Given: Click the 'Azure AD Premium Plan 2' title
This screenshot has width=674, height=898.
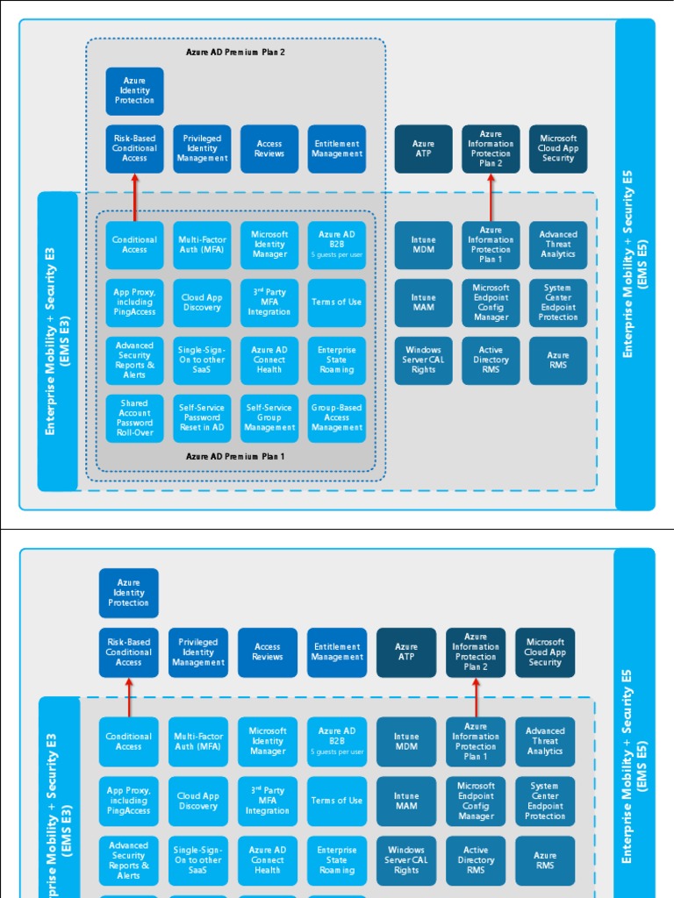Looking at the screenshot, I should click(235, 52).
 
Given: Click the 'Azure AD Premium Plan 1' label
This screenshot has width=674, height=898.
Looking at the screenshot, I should click(235, 456).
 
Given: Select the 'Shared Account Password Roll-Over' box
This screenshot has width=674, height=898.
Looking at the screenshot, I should click(134, 418).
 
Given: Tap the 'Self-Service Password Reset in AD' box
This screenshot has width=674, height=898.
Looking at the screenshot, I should click(202, 418).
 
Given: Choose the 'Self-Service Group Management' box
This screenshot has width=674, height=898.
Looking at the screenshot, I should click(269, 418).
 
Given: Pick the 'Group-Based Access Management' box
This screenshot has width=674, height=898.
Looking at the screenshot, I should click(337, 418).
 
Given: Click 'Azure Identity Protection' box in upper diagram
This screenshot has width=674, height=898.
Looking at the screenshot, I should click(134, 91).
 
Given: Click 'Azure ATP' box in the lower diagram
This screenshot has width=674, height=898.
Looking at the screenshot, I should click(406, 652).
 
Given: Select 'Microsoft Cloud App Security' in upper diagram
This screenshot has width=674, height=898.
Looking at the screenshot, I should click(558, 149).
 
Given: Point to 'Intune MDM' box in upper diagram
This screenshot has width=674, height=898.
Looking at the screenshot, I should click(423, 245).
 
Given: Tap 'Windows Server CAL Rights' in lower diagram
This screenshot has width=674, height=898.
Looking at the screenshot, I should click(406, 860).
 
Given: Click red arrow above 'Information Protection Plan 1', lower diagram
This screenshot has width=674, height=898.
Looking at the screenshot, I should click(477, 697).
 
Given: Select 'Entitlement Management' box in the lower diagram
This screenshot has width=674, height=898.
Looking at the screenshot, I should click(337, 652).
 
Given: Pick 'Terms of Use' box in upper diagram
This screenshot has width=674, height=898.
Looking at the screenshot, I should click(337, 303).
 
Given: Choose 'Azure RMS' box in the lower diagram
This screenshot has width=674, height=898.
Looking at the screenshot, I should click(545, 860).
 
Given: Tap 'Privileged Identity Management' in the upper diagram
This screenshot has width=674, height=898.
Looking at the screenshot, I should click(202, 149).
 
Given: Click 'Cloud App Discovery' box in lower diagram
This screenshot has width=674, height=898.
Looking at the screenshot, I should click(198, 801).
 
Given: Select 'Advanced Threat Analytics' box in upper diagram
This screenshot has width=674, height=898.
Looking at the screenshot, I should click(558, 245).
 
